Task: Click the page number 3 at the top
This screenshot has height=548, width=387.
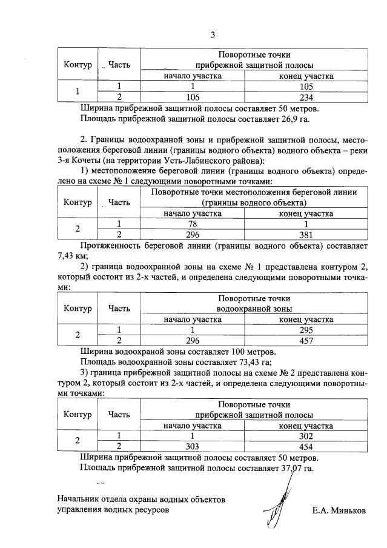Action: click(x=213, y=35)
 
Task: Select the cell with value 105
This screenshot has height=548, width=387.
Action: click(x=306, y=87)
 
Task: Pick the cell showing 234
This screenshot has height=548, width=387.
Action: click(x=306, y=97)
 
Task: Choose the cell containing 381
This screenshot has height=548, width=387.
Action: click(x=306, y=234)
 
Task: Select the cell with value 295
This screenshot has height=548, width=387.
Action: click(x=306, y=330)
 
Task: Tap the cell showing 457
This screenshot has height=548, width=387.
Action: click(x=306, y=340)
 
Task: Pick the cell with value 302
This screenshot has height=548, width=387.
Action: click(x=306, y=436)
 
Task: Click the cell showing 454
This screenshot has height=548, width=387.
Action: click(x=306, y=446)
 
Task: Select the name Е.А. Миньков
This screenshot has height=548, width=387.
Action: click(x=339, y=510)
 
